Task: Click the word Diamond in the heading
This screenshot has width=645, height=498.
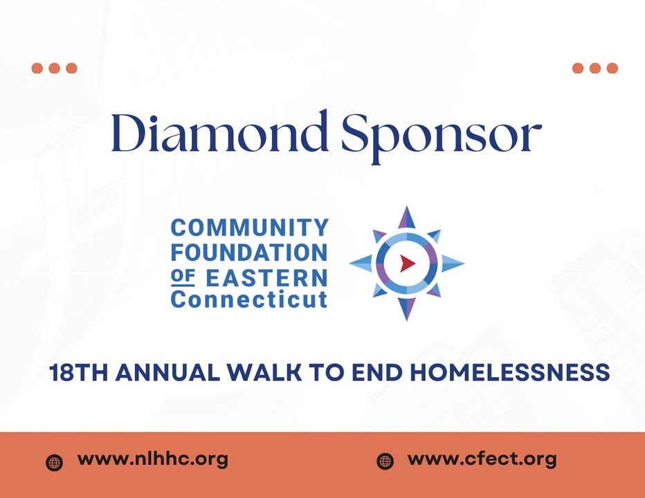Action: [x=220, y=132]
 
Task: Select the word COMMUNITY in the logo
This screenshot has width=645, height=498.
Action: [x=249, y=228]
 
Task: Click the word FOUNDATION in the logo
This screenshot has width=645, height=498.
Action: [x=249, y=252]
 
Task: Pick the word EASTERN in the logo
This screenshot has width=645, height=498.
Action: [x=266, y=278]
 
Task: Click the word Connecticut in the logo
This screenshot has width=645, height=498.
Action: [x=249, y=299]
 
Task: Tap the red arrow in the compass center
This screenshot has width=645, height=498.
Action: [x=408, y=264]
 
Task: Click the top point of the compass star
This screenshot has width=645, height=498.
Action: [x=407, y=207]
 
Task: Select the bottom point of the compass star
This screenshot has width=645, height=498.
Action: [x=407, y=320]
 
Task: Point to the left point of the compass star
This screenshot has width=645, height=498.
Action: [x=350, y=264]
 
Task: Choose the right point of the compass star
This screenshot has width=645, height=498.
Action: [x=463, y=264]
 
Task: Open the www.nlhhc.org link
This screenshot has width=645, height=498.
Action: [x=153, y=459]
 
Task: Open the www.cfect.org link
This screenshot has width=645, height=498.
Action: [x=482, y=459]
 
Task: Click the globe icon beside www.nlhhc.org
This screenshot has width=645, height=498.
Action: [x=54, y=462]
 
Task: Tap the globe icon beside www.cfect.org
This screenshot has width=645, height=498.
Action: [x=385, y=461]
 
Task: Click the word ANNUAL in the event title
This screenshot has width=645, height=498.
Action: [x=167, y=373]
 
